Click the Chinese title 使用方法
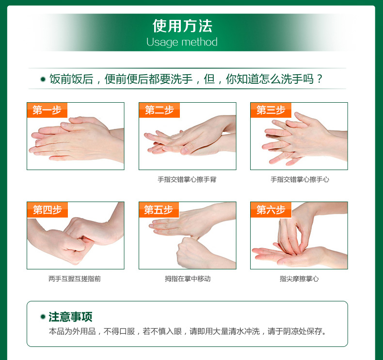pos(182,26)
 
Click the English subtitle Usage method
pos(182,42)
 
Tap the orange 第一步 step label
pos(47,110)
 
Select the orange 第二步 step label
pos(159,110)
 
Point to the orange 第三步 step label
pos(271,110)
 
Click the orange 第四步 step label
pos(47,210)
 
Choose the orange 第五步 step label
pos(159,210)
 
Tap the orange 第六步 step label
pos(271,210)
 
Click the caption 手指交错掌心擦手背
pos(187,180)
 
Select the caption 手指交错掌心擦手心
pos(300,180)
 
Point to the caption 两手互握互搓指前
pos(75,279)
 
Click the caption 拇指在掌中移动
pos(188,279)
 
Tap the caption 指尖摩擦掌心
pos(299,279)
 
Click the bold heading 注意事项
pos(70,317)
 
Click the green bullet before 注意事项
pos(43,317)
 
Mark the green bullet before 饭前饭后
pos(43,79)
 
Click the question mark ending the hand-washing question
pos(319,79)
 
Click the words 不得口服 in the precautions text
pos(119,331)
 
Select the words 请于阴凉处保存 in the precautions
pos(295,331)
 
